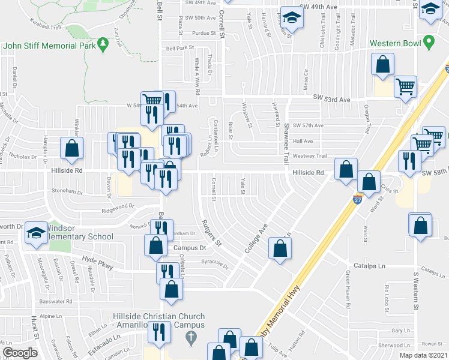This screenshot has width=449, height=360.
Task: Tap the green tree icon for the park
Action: tap(103, 43)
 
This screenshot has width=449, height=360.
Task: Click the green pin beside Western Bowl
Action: tap(428, 43)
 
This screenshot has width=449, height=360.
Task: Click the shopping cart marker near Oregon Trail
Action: tap(406, 86)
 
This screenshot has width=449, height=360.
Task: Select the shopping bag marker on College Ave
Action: tap(280, 247)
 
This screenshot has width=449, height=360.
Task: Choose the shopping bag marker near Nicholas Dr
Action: tap(71, 149)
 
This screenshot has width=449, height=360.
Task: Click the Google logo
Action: tap(20, 353)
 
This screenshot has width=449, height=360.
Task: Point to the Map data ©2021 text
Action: tap(423, 355)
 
